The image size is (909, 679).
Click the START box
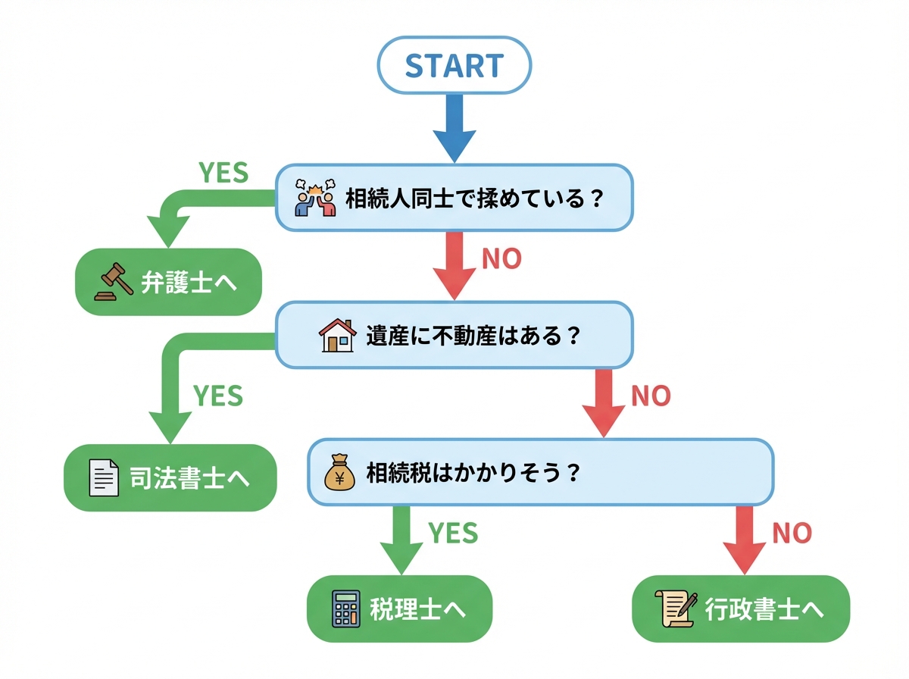click(x=454, y=65)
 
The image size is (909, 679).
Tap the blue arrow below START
click(x=454, y=129)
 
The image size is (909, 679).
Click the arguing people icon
click(x=315, y=199)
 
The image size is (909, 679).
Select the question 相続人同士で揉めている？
click(x=474, y=199)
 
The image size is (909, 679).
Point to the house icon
click(x=337, y=335)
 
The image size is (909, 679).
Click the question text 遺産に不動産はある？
click(x=473, y=335)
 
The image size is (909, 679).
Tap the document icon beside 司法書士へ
click(x=104, y=478)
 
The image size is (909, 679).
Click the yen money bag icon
click(x=339, y=473)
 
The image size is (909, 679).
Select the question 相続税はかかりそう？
click(x=473, y=473)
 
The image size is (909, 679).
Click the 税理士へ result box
click(x=399, y=609)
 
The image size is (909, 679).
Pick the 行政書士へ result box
click(x=741, y=609)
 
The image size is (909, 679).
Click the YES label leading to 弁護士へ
click(x=223, y=173)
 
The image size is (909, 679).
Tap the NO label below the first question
click(x=501, y=259)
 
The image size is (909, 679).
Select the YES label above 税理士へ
click(x=453, y=533)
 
